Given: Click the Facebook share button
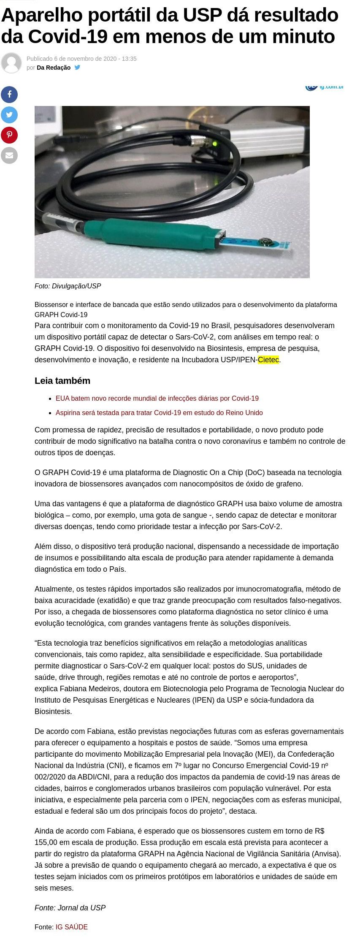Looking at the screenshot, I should point(9,95).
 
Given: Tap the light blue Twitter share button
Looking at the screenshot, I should point(9,115).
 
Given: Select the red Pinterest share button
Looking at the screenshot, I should point(9,135).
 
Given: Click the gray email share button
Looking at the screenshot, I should point(9,155).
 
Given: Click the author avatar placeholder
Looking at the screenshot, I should point(11,63).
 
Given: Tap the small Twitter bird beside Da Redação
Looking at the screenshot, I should point(77,68).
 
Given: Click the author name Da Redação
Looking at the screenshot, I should point(54,68).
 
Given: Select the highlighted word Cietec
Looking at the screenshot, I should point(268,360).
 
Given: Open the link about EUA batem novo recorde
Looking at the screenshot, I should point(157,398).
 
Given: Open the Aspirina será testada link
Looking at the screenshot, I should point(159,413).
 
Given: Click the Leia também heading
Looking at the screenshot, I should point(62,380).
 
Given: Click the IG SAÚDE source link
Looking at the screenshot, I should point(72,927).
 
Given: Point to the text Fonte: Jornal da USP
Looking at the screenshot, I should point(70,907).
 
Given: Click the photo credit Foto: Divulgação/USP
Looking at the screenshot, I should point(68,286).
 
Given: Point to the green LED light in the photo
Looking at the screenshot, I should point(215,144).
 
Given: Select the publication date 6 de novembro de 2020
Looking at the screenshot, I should point(85,59).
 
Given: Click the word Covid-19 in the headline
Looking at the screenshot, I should point(68,37).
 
